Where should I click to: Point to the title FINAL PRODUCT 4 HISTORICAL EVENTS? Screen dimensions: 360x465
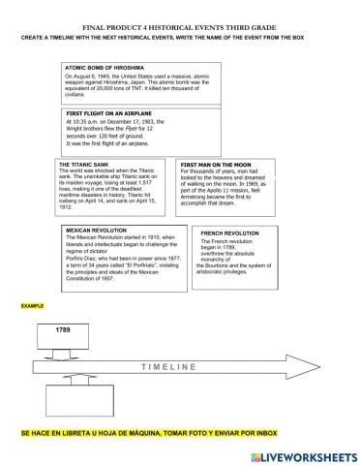point(180,28)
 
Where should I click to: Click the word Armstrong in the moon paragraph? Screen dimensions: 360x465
point(198,201)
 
